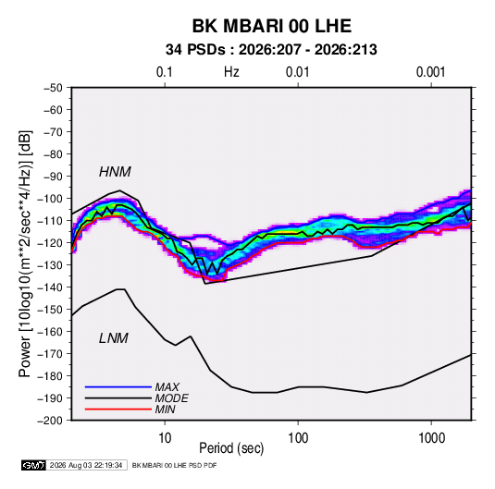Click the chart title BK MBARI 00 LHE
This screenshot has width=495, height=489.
coord(272,26)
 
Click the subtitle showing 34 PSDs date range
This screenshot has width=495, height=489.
coord(271,50)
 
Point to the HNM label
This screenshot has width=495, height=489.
coord(115,172)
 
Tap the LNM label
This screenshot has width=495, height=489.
coord(114,338)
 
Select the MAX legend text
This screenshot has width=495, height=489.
coord(167,386)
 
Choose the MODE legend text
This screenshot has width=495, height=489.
coord(171,398)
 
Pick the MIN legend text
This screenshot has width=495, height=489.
coord(165,410)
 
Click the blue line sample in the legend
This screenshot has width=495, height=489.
coord(118,386)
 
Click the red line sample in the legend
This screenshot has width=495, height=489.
coord(118,410)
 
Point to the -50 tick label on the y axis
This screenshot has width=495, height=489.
coord(53,88)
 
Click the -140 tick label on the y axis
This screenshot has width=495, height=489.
coord(50,287)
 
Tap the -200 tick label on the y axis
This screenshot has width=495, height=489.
coord(50,421)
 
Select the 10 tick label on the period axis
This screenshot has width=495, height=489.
coord(165,438)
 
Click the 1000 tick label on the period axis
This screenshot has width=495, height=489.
coord(431,438)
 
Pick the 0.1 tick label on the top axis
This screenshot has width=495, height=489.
coord(165,72)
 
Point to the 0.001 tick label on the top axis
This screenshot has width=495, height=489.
coord(430,72)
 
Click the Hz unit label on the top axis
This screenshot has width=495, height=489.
coord(231,72)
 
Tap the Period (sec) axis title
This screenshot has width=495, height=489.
coord(231,448)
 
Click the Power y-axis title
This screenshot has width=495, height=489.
coord(25,253)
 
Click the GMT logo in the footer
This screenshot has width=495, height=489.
coord(34,465)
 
